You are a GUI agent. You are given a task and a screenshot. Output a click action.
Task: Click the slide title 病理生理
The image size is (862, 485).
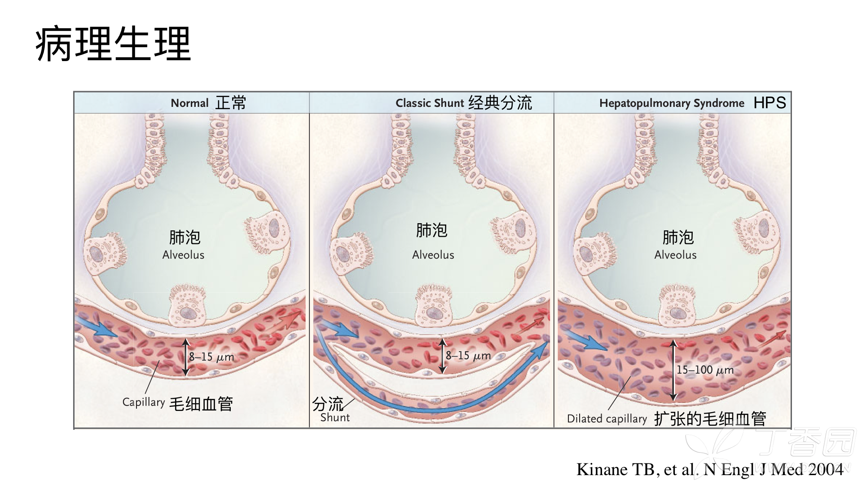113,44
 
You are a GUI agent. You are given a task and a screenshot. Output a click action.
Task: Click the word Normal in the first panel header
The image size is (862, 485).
189,103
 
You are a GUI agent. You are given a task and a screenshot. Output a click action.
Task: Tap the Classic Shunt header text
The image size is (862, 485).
429,103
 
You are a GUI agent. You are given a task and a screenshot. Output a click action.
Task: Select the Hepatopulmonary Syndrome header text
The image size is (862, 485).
672,103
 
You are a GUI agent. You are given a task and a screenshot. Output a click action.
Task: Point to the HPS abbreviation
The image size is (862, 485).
770,103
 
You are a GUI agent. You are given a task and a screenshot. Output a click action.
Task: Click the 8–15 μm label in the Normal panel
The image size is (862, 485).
211,357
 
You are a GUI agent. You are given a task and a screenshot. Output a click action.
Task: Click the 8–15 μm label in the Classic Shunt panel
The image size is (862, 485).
468,356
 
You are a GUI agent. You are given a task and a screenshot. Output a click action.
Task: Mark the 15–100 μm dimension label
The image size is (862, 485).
705,370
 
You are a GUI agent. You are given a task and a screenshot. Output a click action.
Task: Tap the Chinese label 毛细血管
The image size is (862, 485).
201,404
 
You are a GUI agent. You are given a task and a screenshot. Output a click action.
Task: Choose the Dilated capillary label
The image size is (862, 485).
607,419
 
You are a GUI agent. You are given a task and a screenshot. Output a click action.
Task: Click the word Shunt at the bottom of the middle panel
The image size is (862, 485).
335,418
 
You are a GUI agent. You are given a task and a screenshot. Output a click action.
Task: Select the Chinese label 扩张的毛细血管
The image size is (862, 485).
710,419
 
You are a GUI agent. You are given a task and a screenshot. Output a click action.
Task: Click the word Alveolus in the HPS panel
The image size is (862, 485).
675,255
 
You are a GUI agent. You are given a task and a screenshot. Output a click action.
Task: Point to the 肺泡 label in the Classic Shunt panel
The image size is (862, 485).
431,230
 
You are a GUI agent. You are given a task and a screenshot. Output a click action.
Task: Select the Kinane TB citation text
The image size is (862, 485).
710,469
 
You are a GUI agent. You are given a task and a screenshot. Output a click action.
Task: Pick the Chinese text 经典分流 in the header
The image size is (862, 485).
500,103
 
